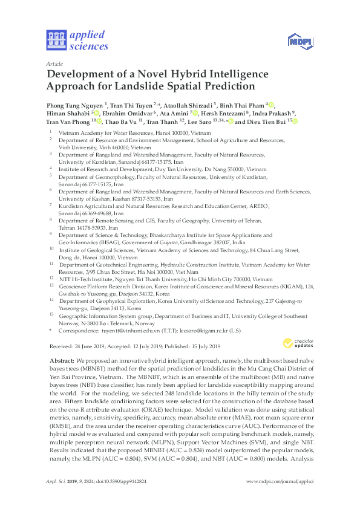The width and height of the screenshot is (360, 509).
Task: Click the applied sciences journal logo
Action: tap(77, 40)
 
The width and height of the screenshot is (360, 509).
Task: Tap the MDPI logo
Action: tap(298, 41)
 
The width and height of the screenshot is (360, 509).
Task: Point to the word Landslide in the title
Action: tap(148, 86)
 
